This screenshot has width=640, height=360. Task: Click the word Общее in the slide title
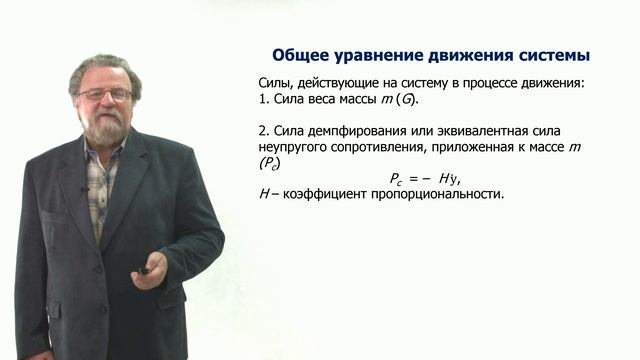(x=306, y=55)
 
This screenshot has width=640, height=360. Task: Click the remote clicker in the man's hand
(x=146, y=268)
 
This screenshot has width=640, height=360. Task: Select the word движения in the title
(x=470, y=55)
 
